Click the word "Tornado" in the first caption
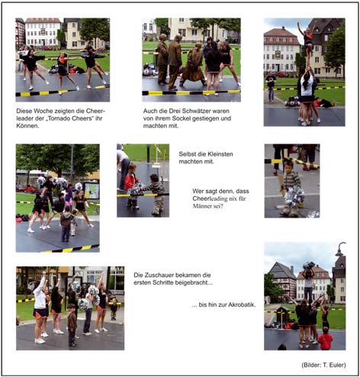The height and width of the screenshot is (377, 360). click(60, 118)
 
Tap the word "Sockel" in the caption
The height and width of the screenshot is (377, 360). click(182, 118)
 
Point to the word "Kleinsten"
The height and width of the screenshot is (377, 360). click(220, 154)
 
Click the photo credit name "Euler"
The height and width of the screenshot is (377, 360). click(338, 365)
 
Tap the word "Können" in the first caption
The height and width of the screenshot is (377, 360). click(27, 126)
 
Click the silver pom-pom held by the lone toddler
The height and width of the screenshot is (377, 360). click(294, 196)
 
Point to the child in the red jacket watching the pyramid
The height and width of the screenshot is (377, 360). click(325, 339)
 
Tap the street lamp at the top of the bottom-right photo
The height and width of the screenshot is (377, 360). click(341, 249)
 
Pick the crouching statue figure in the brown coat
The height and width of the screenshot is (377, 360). click(194, 66)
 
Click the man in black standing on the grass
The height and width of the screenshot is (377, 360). click(271, 86)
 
